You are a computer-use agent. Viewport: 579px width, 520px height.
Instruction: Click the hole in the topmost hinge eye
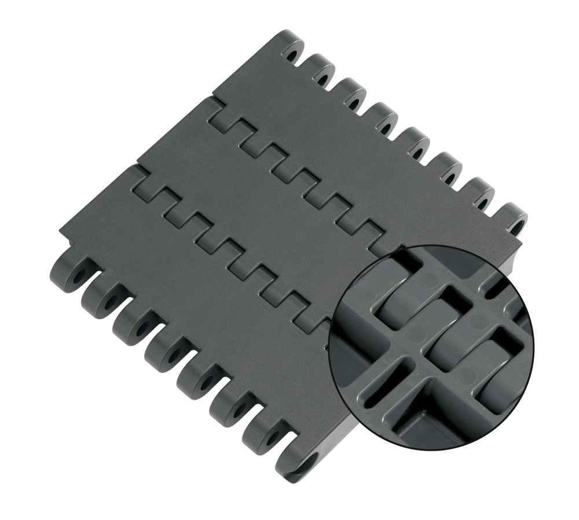click(x=289, y=53)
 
